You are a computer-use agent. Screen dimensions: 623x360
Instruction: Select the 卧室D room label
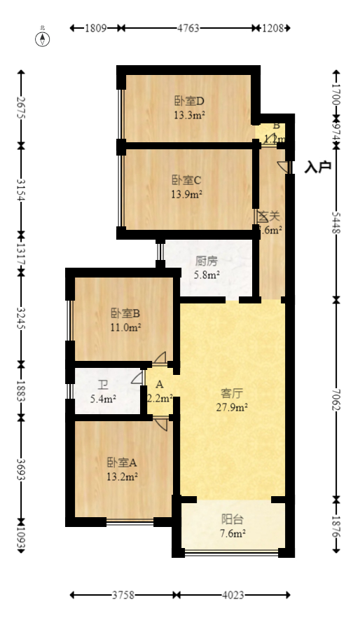[188, 100]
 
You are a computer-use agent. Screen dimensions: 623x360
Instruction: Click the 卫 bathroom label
[103, 385]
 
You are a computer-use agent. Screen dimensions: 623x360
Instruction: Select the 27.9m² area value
[233, 406]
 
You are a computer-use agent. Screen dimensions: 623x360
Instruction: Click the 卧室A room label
[122, 463]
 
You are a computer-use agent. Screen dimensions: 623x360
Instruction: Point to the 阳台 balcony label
[233, 519]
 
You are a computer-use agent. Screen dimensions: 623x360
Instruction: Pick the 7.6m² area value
[233, 534]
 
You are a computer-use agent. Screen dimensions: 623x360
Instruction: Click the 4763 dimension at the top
[188, 29]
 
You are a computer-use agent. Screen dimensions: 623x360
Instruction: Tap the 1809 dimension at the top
[95, 29]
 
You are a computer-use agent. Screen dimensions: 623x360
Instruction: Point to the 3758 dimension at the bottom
[124, 596]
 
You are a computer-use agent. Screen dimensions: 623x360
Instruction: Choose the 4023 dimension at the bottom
[233, 596]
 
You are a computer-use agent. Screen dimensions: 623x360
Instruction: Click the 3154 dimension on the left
[21, 190]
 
